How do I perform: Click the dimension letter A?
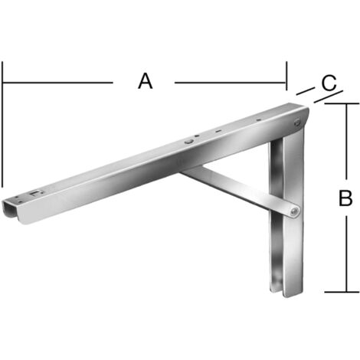pos(146,81)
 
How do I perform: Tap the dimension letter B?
pos(345,198)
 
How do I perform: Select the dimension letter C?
pos(329,83)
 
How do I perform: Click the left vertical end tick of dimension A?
pos(2,124)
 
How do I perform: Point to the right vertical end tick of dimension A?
pos(286,76)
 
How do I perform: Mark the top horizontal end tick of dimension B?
pos(342,103)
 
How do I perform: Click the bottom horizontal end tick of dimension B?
pos(342,292)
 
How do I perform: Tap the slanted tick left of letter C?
pos(306,91)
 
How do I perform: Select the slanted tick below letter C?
pos(329,97)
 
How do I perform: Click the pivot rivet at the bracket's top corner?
pos(297,122)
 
